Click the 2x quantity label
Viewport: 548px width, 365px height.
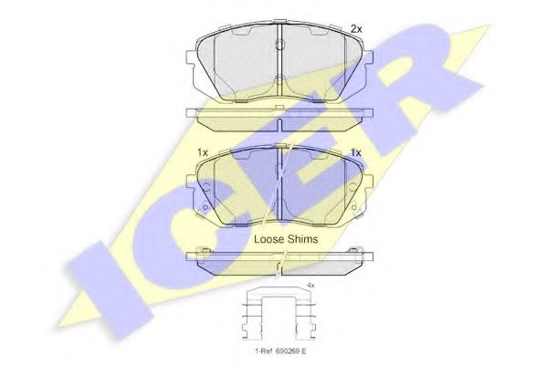(356, 29)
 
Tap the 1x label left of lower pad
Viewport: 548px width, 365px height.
(203, 152)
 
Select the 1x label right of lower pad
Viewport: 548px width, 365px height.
(356, 152)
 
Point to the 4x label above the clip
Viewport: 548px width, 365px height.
(311, 286)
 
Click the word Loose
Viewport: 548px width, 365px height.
(269, 239)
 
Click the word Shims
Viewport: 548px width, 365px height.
(302, 239)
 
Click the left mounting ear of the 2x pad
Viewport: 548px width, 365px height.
(191, 58)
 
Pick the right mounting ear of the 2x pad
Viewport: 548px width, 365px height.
(368, 58)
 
